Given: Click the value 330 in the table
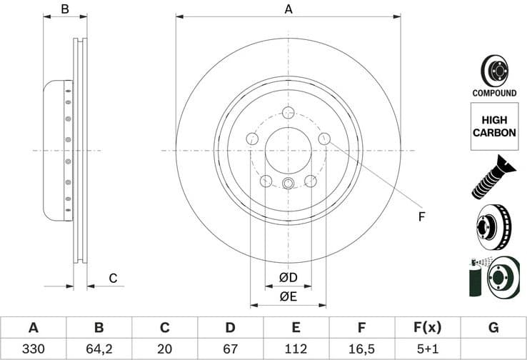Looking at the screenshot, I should [x=33, y=349].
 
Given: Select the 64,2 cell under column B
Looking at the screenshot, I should [x=99, y=349].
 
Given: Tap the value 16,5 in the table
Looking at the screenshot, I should [x=361, y=349].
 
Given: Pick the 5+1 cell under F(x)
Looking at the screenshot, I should [x=427, y=349].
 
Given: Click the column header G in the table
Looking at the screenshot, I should [x=493, y=328].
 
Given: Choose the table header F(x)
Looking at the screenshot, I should [x=427, y=328].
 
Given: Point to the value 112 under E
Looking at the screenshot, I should [x=296, y=349].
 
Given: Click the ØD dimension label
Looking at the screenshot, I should [x=288, y=276].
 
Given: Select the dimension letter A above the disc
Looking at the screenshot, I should [x=288, y=9].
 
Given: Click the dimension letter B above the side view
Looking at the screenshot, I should [x=64, y=9].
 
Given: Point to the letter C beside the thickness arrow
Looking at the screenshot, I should [x=113, y=278].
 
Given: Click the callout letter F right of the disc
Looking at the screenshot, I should [x=421, y=216].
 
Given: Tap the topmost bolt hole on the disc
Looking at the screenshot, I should [x=288, y=113].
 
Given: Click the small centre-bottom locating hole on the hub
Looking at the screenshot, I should [x=288, y=184].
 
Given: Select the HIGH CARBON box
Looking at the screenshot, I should [x=493, y=126].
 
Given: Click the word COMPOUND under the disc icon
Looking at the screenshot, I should [x=493, y=93].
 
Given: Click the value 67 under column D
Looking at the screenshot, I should [x=230, y=349].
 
